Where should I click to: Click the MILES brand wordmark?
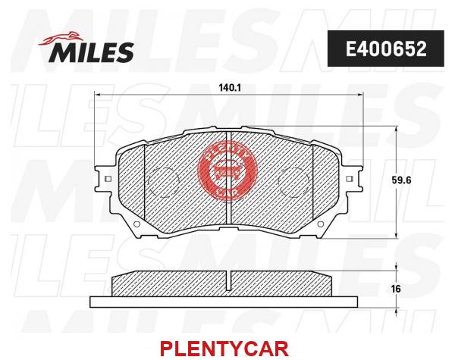pyautogui.click(x=91, y=52)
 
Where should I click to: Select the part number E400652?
pyautogui.click(x=386, y=49)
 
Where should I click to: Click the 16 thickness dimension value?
pyautogui.click(x=396, y=288)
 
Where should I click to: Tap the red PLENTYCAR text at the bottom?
pyautogui.click(x=224, y=349)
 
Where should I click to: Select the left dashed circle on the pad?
pyautogui.click(x=163, y=182)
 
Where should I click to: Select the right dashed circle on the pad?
pyautogui.click(x=293, y=182)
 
